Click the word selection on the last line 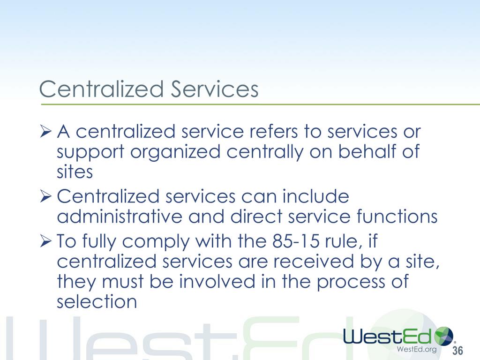(97, 302)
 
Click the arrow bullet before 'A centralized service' (45, 132)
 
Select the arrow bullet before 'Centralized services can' (45, 197)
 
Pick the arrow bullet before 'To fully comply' (45, 241)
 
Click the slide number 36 (457, 351)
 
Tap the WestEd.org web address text (417, 349)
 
